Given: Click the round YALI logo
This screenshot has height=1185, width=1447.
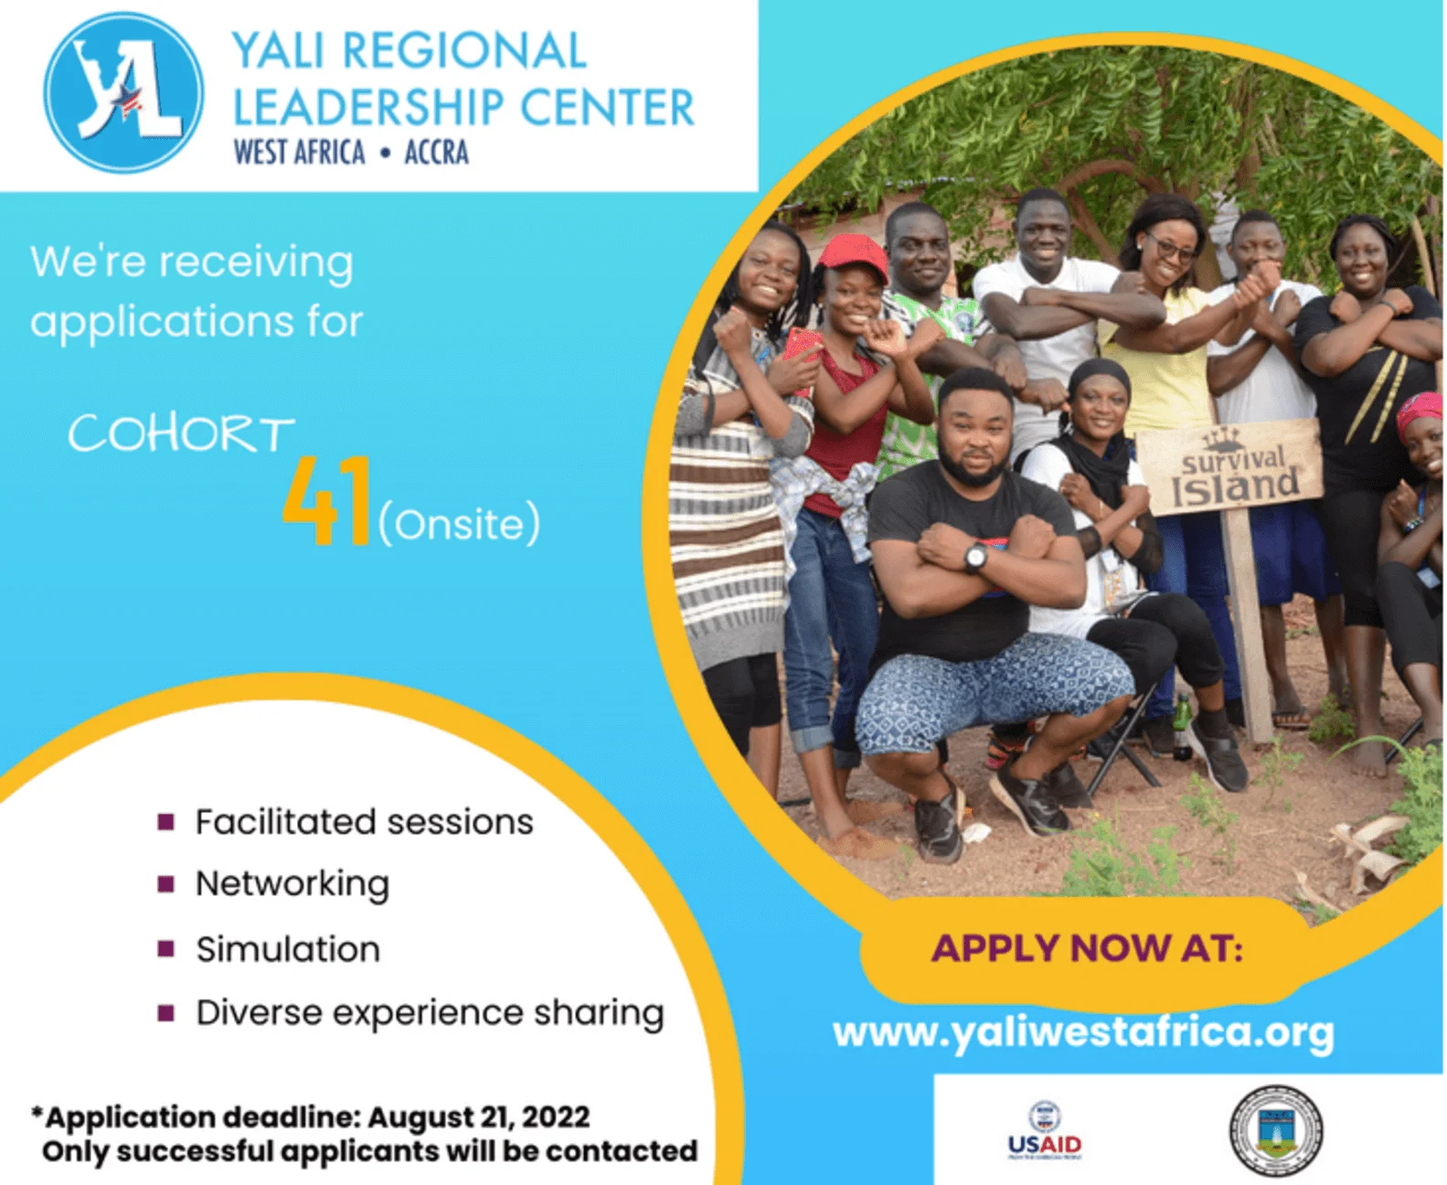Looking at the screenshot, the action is (123, 92).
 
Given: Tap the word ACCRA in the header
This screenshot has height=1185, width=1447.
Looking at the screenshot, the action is (436, 153).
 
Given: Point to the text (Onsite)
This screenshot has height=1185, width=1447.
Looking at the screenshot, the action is (459, 525).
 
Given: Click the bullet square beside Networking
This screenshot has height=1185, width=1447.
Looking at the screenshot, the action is (166, 884).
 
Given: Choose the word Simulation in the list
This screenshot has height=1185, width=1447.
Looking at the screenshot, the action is (288, 950).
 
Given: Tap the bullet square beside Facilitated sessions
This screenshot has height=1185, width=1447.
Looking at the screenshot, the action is (166, 822).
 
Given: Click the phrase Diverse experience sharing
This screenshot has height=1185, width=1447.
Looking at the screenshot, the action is (431, 1014).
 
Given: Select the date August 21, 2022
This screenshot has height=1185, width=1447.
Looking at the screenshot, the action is (479, 1117).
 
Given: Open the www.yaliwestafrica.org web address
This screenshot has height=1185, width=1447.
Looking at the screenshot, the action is (1083, 1033).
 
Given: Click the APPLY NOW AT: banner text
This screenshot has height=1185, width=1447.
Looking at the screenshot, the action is (1087, 949).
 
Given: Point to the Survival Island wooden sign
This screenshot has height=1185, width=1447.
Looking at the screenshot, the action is (1229, 467).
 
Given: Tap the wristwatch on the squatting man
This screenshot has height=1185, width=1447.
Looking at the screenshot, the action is (975, 557).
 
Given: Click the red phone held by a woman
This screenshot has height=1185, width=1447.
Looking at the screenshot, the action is (803, 351).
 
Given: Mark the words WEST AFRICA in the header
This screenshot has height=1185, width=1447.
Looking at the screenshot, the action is (299, 153).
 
